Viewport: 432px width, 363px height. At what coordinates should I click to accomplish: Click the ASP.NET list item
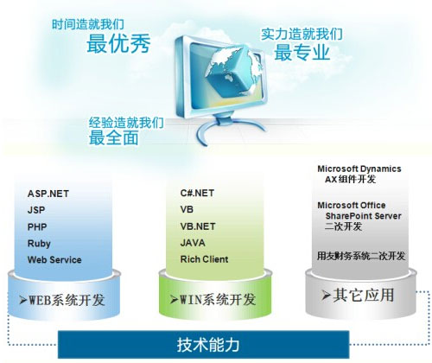pyautogui.click(x=48, y=194)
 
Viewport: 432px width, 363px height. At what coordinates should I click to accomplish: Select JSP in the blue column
pyautogui.click(x=36, y=210)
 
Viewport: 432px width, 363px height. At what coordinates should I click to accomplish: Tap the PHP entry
pyautogui.click(x=37, y=226)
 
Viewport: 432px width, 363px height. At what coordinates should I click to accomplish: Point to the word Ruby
pyautogui.click(x=39, y=244)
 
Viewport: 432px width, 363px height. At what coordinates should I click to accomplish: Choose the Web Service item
pyautogui.click(x=54, y=260)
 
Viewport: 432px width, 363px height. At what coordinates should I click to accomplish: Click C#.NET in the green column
pyautogui.click(x=197, y=193)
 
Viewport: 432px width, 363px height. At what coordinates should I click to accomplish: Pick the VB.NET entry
pyautogui.click(x=198, y=226)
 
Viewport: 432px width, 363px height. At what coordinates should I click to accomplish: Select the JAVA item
pyautogui.click(x=193, y=243)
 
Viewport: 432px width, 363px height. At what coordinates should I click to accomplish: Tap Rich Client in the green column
pyautogui.click(x=204, y=259)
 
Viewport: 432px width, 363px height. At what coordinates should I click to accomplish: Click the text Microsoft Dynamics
pyautogui.click(x=359, y=169)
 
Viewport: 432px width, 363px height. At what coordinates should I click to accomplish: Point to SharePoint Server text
pyautogui.click(x=363, y=216)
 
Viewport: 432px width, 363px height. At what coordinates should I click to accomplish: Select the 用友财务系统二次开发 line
pyautogui.click(x=361, y=256)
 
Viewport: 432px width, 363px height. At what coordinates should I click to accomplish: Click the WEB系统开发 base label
pyautogui.click(x=61, y=300)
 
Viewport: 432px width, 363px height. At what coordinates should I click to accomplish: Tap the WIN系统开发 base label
pyautogui.click(x=213, y=300)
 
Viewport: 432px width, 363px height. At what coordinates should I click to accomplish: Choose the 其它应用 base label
pyautogui.click(x=358, y=295)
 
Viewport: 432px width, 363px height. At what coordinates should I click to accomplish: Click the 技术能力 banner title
pyautogui.click(x=208, y=345)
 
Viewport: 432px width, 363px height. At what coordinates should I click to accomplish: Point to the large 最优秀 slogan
pyautogui.click(x=118, y=44)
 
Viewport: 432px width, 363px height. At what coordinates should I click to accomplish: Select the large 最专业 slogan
pyautogui.click(x=302, y=53)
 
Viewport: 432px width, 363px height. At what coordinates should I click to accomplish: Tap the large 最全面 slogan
pyautogui.click(x=114, y=137)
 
